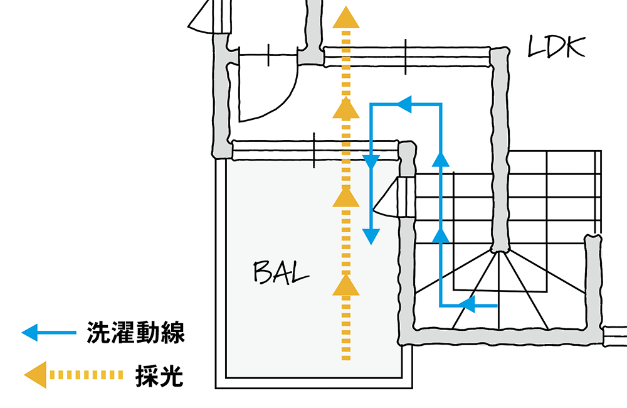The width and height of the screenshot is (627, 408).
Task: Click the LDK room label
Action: (x=557, y=48)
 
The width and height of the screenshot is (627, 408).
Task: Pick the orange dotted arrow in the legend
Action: (x=73, y=375)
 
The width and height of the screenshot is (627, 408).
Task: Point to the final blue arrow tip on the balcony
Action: (x=372, y=235)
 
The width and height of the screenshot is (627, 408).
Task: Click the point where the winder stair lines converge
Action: (x=499, y=251)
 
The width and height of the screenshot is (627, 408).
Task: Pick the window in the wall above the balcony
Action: (x=313, y=150)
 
